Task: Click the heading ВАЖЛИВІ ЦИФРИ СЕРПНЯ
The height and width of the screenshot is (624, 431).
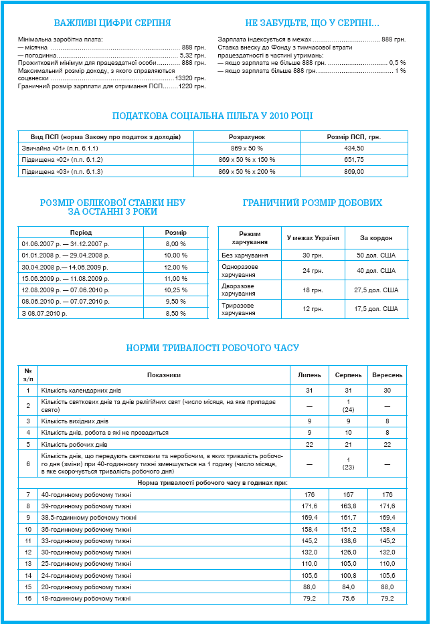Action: pos(112,23)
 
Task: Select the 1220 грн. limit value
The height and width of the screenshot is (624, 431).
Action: pos(193,86)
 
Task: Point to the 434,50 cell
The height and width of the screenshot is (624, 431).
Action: pos(354,148)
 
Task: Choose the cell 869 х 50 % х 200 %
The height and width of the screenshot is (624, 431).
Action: pos(247,172)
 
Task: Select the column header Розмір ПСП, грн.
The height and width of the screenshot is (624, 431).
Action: pos(354,136)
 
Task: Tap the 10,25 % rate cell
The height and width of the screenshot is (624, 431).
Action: pos(175,290)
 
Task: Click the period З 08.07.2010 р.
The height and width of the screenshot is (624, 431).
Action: pos(45,312)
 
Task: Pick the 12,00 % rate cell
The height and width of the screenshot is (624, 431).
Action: pos(175,267)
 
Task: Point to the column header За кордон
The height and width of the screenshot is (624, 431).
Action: pos(376,238)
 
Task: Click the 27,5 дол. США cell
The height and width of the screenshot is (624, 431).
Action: pos(376,290)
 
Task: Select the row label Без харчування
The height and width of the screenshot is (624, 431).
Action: pos(245,255)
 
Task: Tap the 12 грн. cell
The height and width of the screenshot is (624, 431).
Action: pos(313,308)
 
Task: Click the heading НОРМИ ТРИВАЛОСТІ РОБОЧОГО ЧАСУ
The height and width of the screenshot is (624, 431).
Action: pos(213,348)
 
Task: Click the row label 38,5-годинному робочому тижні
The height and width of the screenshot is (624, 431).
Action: pos(89,517)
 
